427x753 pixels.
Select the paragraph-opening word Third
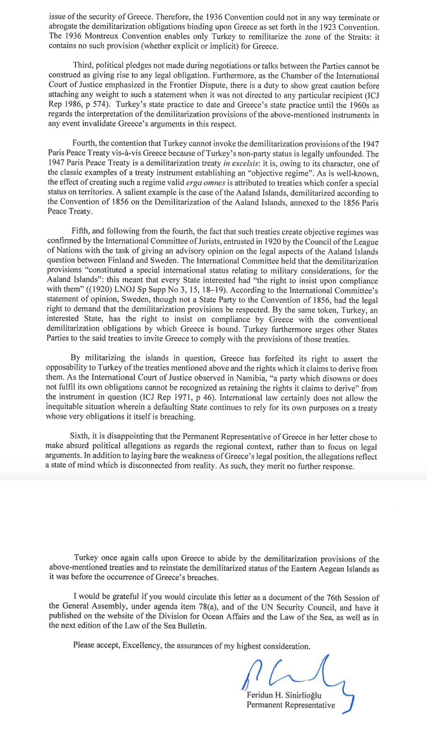point(83,66)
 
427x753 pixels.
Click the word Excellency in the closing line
point(142,646)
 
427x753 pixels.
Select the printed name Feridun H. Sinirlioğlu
point(284,696)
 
